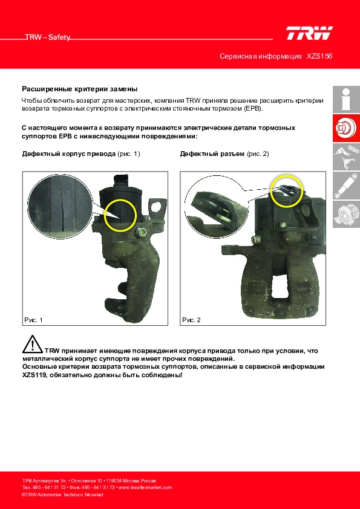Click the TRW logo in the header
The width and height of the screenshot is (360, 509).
click(309, 33)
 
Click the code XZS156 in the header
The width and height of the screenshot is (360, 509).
click(319, 56)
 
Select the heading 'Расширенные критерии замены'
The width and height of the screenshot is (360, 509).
click(80, 89)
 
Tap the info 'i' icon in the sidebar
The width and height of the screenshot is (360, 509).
click(346, 99)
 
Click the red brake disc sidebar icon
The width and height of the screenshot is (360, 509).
click(346, 128)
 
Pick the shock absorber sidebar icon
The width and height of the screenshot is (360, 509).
click(346, 186)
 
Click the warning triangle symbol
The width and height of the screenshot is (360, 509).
click(33, 345)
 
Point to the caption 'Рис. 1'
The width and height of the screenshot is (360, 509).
click(33, 320)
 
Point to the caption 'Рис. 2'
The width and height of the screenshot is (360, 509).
click(191, 320)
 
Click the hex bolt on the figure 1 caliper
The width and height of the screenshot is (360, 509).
click(141, 232)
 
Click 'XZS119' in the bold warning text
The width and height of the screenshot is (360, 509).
click(33, 375)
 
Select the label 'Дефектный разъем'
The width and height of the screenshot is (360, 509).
click(212, 154)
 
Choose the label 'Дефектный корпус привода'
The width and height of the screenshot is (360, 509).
click(69, 154)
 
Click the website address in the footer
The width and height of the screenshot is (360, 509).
click(145, 487)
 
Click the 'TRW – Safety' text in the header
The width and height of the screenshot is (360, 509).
click(48, 37)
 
